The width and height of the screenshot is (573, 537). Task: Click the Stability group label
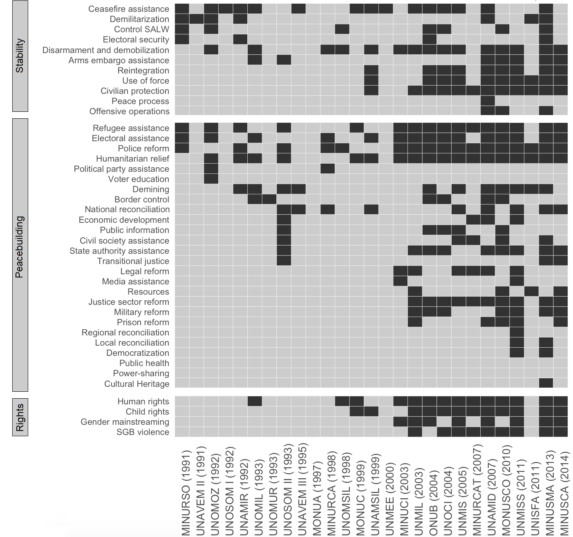pos(20,56)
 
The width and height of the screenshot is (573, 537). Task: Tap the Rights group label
pos(20,417)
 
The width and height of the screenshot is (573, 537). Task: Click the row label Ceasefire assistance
pos(128,9)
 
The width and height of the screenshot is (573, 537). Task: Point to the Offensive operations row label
pos(129,111)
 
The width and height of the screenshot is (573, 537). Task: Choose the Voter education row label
pos(138,179)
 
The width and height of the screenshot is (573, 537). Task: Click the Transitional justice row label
pos(133,261)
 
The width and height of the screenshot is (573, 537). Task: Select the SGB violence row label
pos(143,432)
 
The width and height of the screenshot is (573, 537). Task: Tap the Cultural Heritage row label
pos(137,384)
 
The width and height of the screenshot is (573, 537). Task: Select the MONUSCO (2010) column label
pos(506,490)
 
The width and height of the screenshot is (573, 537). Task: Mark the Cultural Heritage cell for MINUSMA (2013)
pos(546,383)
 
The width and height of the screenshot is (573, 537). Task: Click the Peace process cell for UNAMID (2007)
pos(488,101)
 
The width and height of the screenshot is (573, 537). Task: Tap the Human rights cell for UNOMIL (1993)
pos(255,401)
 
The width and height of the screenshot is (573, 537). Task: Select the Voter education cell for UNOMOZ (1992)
pos(211,179)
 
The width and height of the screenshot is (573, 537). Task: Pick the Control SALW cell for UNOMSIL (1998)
pos(342,29)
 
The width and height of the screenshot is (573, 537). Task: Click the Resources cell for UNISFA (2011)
pos(531,291)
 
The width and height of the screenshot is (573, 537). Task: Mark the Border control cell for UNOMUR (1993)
pos(269,199)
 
